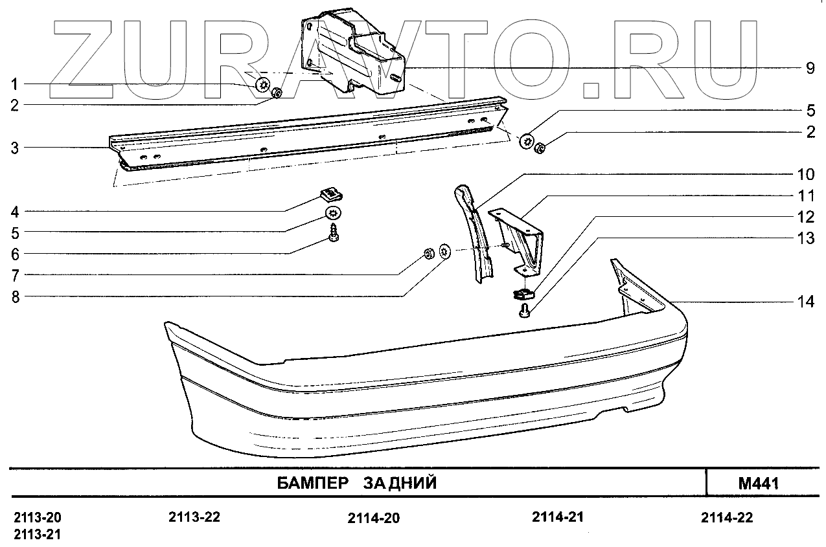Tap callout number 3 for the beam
(x=14, y=148)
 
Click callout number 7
(x=14, y=275)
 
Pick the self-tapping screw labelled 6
(x=334, y=234)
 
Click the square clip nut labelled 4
(x=331, y=193)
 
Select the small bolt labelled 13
(x=525, y=313)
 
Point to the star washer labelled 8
(x=445, y=251)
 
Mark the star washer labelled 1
(x=263, y=84)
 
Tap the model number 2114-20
(x=373, y=519)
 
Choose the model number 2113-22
(x=194, y=517)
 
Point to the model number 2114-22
(x=727, y=518)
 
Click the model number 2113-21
(x=37, y=534)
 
